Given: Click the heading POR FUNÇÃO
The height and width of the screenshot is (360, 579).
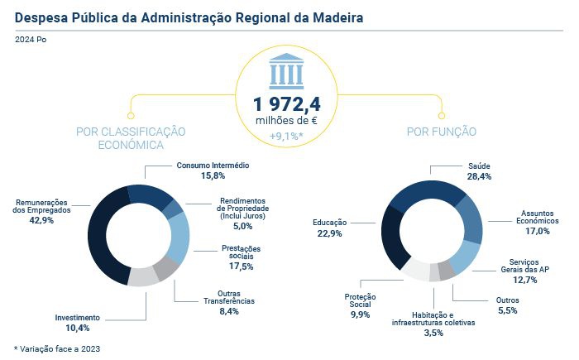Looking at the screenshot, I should pos(441,132).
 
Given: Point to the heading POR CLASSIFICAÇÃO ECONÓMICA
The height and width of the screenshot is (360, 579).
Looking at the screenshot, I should pos(130,138).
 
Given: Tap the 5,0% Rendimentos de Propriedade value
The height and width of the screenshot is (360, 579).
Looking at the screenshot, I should pos(242,225).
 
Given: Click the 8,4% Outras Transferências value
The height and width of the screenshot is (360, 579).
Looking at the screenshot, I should pos(227,311).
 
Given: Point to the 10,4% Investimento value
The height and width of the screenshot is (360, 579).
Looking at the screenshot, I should pos(78,329).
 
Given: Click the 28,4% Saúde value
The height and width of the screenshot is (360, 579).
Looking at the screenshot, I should pos(480,176).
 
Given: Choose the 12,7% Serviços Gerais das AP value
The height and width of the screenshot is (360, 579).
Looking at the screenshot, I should pos(537,280).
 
